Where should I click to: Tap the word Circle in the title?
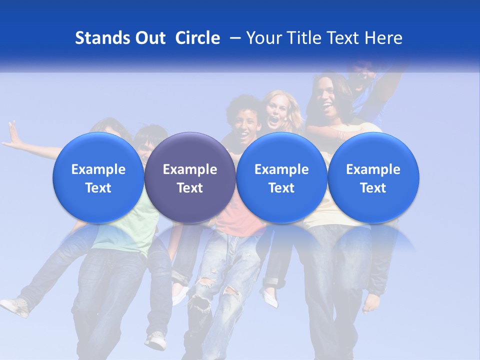197,38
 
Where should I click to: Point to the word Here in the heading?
384,38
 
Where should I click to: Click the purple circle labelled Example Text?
190,178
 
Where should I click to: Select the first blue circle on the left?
98,178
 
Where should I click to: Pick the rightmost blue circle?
373,178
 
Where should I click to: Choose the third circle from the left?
281,178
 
